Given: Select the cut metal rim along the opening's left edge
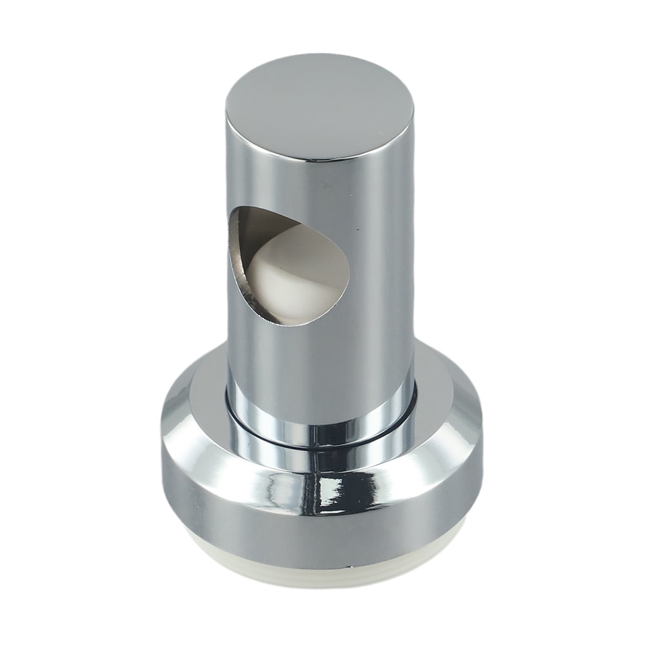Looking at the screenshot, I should [233, 265].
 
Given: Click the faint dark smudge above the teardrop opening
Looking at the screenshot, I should [327, 183].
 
